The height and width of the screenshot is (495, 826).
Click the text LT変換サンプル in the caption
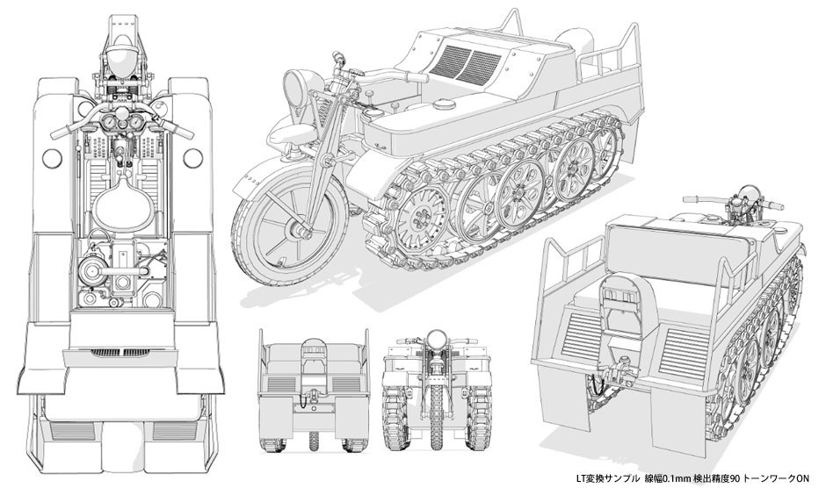click(x=607, y=478)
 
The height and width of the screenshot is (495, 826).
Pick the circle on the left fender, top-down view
click(x=52, y=156)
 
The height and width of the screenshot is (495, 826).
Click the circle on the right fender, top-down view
click(x=192, y=156)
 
